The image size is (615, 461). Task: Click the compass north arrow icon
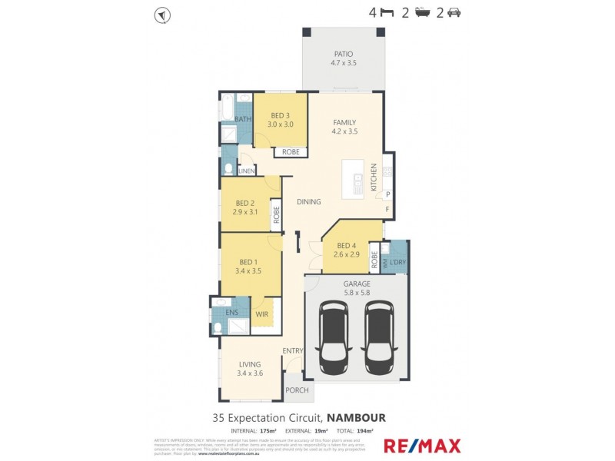[162, 14]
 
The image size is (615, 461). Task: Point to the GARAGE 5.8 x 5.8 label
[356, 288]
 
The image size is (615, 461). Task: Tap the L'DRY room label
[397, 263]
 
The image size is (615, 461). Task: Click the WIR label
[261, 315]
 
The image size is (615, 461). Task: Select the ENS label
[231, 313]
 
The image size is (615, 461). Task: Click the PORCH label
[297, 390]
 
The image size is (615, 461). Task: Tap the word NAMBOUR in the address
[356, 417]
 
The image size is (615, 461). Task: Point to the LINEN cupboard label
[246, 171]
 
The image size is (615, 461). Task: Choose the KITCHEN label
[374, 177]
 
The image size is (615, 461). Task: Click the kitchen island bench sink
[358, 184]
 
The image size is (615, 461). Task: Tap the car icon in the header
[454, 13]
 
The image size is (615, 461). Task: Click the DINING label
[308, 201]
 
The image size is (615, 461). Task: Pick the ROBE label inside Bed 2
[274, 215]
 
